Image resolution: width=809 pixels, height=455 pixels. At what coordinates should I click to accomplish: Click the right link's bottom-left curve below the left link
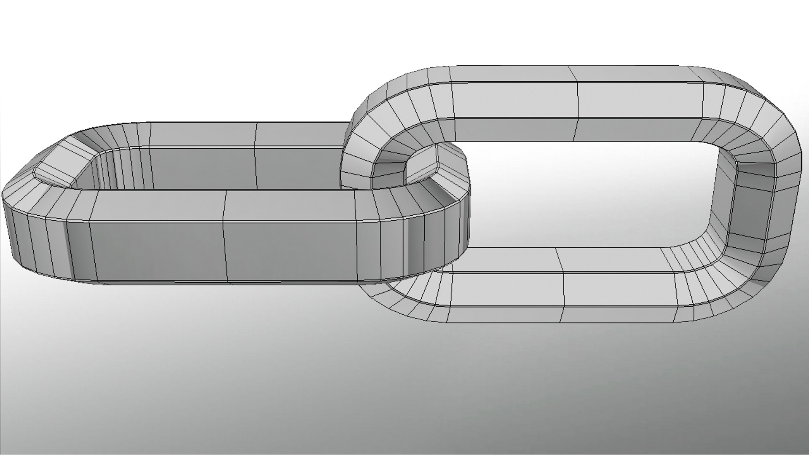[400, 295]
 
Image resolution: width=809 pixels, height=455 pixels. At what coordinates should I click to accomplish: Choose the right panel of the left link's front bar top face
[291, 204]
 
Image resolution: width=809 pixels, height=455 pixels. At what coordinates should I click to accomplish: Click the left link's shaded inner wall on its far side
[202, 169]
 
